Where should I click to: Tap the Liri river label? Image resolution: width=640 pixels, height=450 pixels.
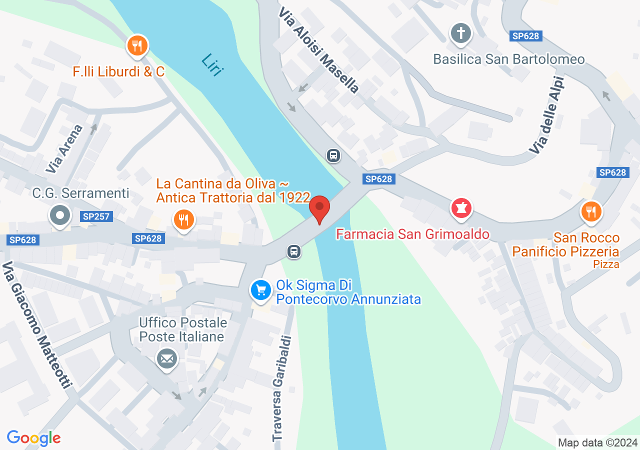(211, 65)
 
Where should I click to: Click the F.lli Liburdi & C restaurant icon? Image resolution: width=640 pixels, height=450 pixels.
(136, 46)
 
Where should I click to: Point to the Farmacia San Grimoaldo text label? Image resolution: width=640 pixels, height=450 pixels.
(412, 234)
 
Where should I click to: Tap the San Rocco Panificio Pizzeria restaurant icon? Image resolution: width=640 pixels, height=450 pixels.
(591, 211)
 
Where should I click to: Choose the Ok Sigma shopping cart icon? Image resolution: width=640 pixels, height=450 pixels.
(260, 290)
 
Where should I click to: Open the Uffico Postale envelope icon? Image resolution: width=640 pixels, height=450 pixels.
(167, 358)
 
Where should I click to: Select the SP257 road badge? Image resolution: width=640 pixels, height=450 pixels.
(96, 216)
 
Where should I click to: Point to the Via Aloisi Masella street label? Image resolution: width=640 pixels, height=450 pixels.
(319, 50)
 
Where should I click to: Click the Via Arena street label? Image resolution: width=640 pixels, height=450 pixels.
(64, 148)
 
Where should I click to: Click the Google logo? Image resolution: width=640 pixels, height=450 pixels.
(33, 438)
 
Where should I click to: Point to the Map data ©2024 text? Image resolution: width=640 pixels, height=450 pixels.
(597, 442)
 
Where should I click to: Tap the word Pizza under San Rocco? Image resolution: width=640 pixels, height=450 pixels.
(606, 264)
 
